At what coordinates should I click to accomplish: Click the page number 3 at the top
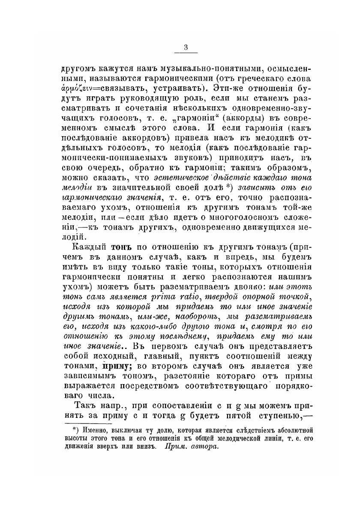(x=186, y=48)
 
